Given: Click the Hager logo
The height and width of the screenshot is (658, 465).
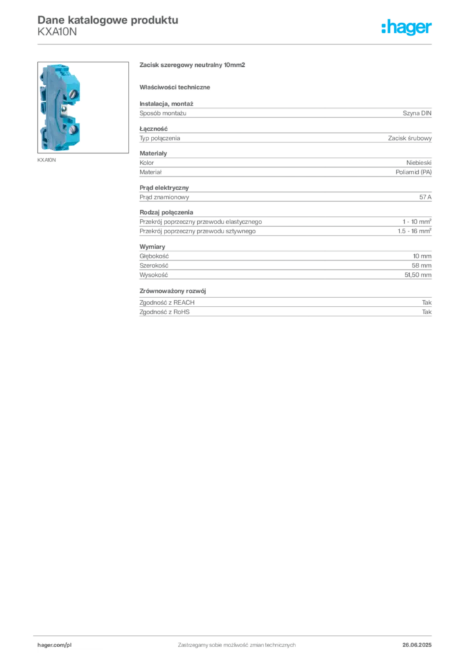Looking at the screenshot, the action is click(x=407, y=28).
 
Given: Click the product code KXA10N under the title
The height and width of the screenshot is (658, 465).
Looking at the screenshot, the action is click(x=57, y=32).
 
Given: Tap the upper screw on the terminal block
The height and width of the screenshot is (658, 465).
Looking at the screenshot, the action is click(x=74, y=94).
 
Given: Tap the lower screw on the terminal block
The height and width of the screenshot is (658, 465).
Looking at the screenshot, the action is click(x=73, y=129).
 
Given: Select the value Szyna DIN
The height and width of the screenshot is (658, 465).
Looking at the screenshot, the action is click(x=417, y=113).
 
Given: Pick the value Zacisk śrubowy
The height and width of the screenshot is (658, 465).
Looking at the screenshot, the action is click(x=410, y=138).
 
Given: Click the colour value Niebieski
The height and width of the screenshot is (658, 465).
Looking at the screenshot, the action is click(x=419, y=163).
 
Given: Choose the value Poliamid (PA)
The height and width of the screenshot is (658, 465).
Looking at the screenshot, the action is click(x=414, y=172).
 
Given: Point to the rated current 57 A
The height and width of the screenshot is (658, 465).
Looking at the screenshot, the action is click(x=425, y=197).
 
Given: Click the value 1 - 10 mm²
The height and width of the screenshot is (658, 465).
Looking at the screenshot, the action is click(x=417, y=222).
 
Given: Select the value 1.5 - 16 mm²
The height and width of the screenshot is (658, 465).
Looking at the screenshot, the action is click(x=415, y=231).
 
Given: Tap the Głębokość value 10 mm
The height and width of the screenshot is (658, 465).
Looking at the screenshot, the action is click(x=422, y=256).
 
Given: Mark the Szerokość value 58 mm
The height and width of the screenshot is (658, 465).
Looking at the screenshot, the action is click(x=421, y=265).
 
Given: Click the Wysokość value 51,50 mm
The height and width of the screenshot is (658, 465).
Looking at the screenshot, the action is click(x=417, y=275).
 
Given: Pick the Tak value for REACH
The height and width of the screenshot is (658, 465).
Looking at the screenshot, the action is click(x=426, y=303).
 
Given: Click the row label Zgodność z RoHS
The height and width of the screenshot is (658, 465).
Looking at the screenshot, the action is click(x=164, y=312).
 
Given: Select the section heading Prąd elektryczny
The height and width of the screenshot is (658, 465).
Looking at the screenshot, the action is click(x=164, y=188).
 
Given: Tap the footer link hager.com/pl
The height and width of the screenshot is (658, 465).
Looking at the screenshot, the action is click(x=55, y=645).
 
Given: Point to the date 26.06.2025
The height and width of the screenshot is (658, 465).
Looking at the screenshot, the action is click(x=417, y=645).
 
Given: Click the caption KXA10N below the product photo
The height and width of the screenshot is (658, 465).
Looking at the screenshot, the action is click(x=46, y=160).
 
